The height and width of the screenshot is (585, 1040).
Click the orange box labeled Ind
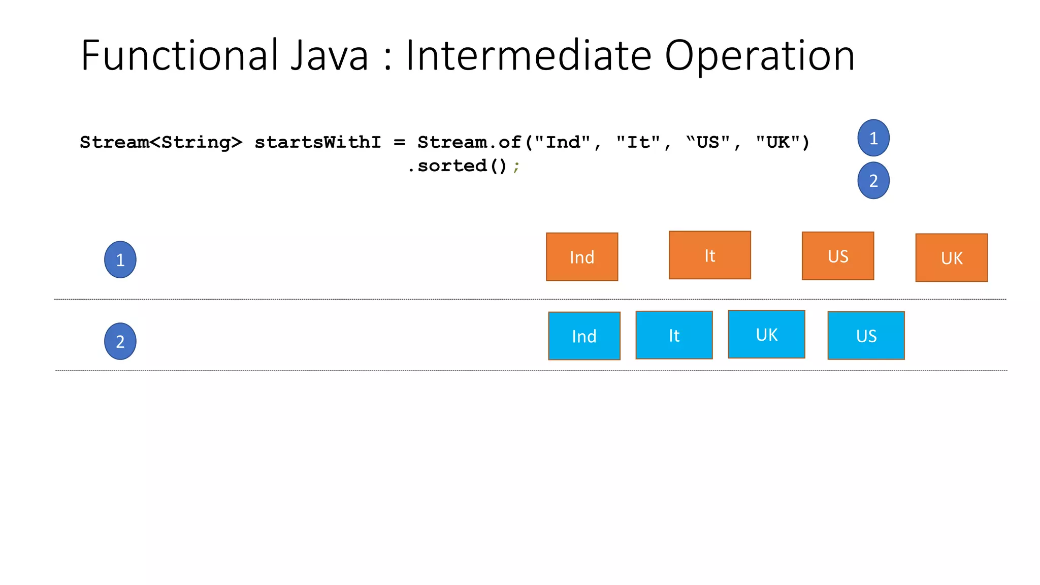(x=582, y=257)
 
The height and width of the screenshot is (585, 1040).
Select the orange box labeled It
(x=709, y=255)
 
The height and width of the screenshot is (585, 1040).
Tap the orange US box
(x=838, y=256)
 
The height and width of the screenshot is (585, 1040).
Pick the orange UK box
(x=951, y=258)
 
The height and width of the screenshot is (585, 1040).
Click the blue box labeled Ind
(x=584, y=336)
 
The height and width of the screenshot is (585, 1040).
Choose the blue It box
(x=674, y=335)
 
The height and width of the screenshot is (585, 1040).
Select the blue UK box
(x=766, y=335)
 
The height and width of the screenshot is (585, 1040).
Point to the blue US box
(x=866, y=336)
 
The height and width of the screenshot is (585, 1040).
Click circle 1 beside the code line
(x=873, y=138)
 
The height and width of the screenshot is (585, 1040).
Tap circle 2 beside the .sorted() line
(x=873, y=181)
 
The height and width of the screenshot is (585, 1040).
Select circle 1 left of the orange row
(x=120, y=259)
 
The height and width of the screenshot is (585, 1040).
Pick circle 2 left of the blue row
(x=120, y=341)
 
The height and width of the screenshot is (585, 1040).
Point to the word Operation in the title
(x=760, y=55)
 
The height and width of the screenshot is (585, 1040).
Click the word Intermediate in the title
(x=528, y=55)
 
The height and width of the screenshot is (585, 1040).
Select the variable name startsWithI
(x=317, y=143)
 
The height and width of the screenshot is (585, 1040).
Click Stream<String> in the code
(x=161, y=143)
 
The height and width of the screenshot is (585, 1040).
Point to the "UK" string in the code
(x=777, y=143)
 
